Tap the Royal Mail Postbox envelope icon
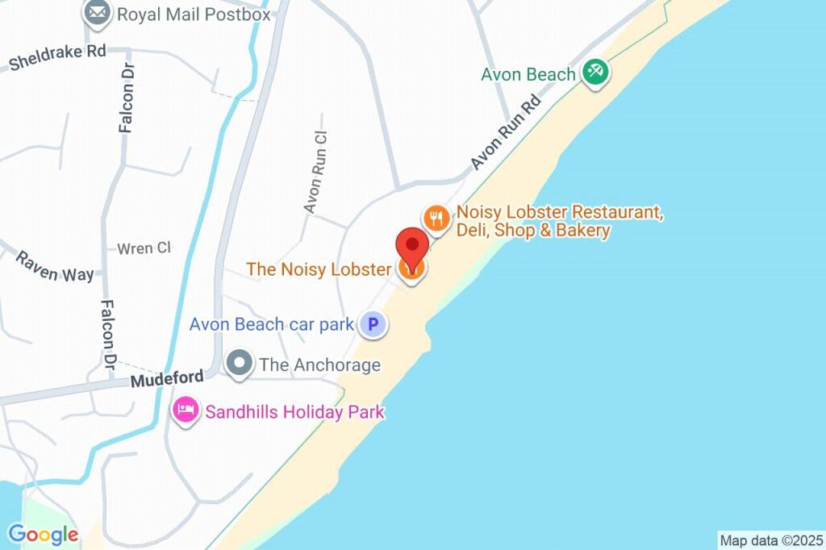point(98,13)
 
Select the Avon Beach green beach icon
point(596,72)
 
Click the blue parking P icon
point(373,325)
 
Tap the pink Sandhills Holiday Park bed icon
point(186,412)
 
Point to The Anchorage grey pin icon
point(239,365)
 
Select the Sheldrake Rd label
point(56,56)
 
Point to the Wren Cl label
point(144,248)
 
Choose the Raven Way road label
point(55,267)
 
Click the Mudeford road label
point(165,379)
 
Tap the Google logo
point(43,533)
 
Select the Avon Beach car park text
point(272,325)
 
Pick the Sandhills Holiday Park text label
point(294,412)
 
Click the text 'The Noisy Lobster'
point(319,269)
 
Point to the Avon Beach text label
point(528,74)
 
